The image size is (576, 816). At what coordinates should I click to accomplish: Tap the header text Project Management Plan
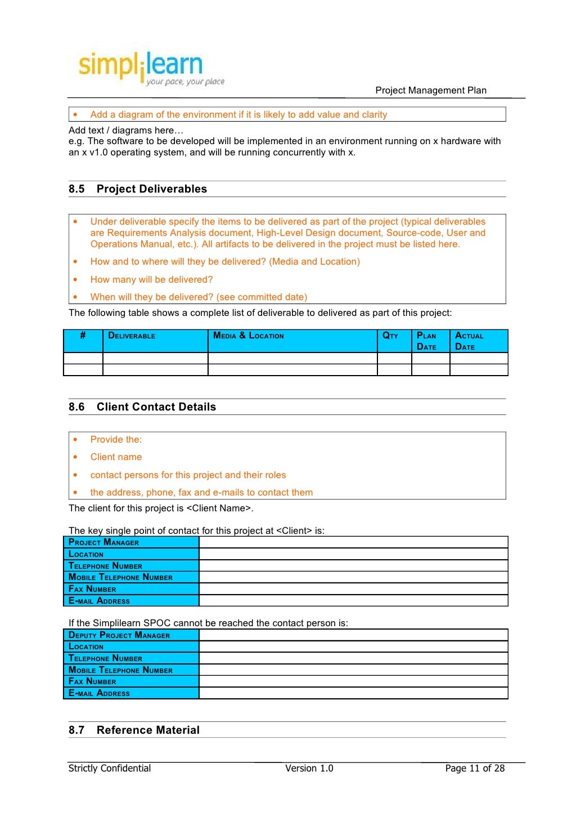(x=430, y=90)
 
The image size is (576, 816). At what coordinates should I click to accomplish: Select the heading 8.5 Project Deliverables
(x=138, y=189)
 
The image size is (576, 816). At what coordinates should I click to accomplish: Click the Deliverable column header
(x=132, y=336)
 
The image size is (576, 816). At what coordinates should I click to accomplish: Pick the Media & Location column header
(x=248, y=336)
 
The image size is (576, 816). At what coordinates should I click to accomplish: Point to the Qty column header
(x=390, y=336)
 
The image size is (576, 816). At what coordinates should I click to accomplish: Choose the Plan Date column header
(x=426, y=341)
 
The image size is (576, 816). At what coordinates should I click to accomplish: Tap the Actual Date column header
(x=469, y=341)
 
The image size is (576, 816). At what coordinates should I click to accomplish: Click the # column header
(x=83, y=336)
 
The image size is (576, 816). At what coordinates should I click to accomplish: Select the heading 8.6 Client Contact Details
(x=142, y=407)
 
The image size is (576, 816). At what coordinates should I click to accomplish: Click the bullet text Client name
(x=116, y=457)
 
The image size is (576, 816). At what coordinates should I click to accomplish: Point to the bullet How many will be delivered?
(x=151, y=279)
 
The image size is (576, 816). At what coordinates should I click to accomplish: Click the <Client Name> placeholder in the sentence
(x=218, y=508)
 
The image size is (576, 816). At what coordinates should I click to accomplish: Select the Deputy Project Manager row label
(x=119, y=635)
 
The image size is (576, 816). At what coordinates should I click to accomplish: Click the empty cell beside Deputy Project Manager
(x=353, y=635)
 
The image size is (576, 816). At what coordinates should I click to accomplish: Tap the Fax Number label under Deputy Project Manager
(x=92, y=681)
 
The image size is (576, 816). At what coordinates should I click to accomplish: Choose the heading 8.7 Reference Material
(x=134, y=730)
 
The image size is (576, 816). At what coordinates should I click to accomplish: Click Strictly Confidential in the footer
(x=110, y=768)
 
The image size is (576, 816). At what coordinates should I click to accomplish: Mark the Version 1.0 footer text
(x=309, y=768)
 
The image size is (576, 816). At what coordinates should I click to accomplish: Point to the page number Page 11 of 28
(x=475, y=768)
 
